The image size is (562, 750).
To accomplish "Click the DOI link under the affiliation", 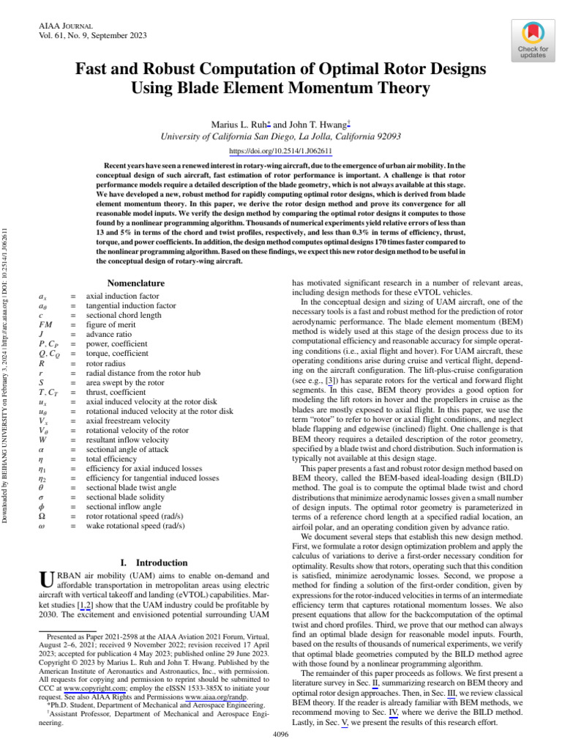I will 281,151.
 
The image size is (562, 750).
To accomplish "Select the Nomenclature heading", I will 135,283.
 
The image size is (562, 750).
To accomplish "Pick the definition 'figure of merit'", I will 111,324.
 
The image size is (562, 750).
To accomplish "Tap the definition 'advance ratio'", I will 109,334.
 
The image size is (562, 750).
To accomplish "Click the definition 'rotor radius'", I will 107,362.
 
